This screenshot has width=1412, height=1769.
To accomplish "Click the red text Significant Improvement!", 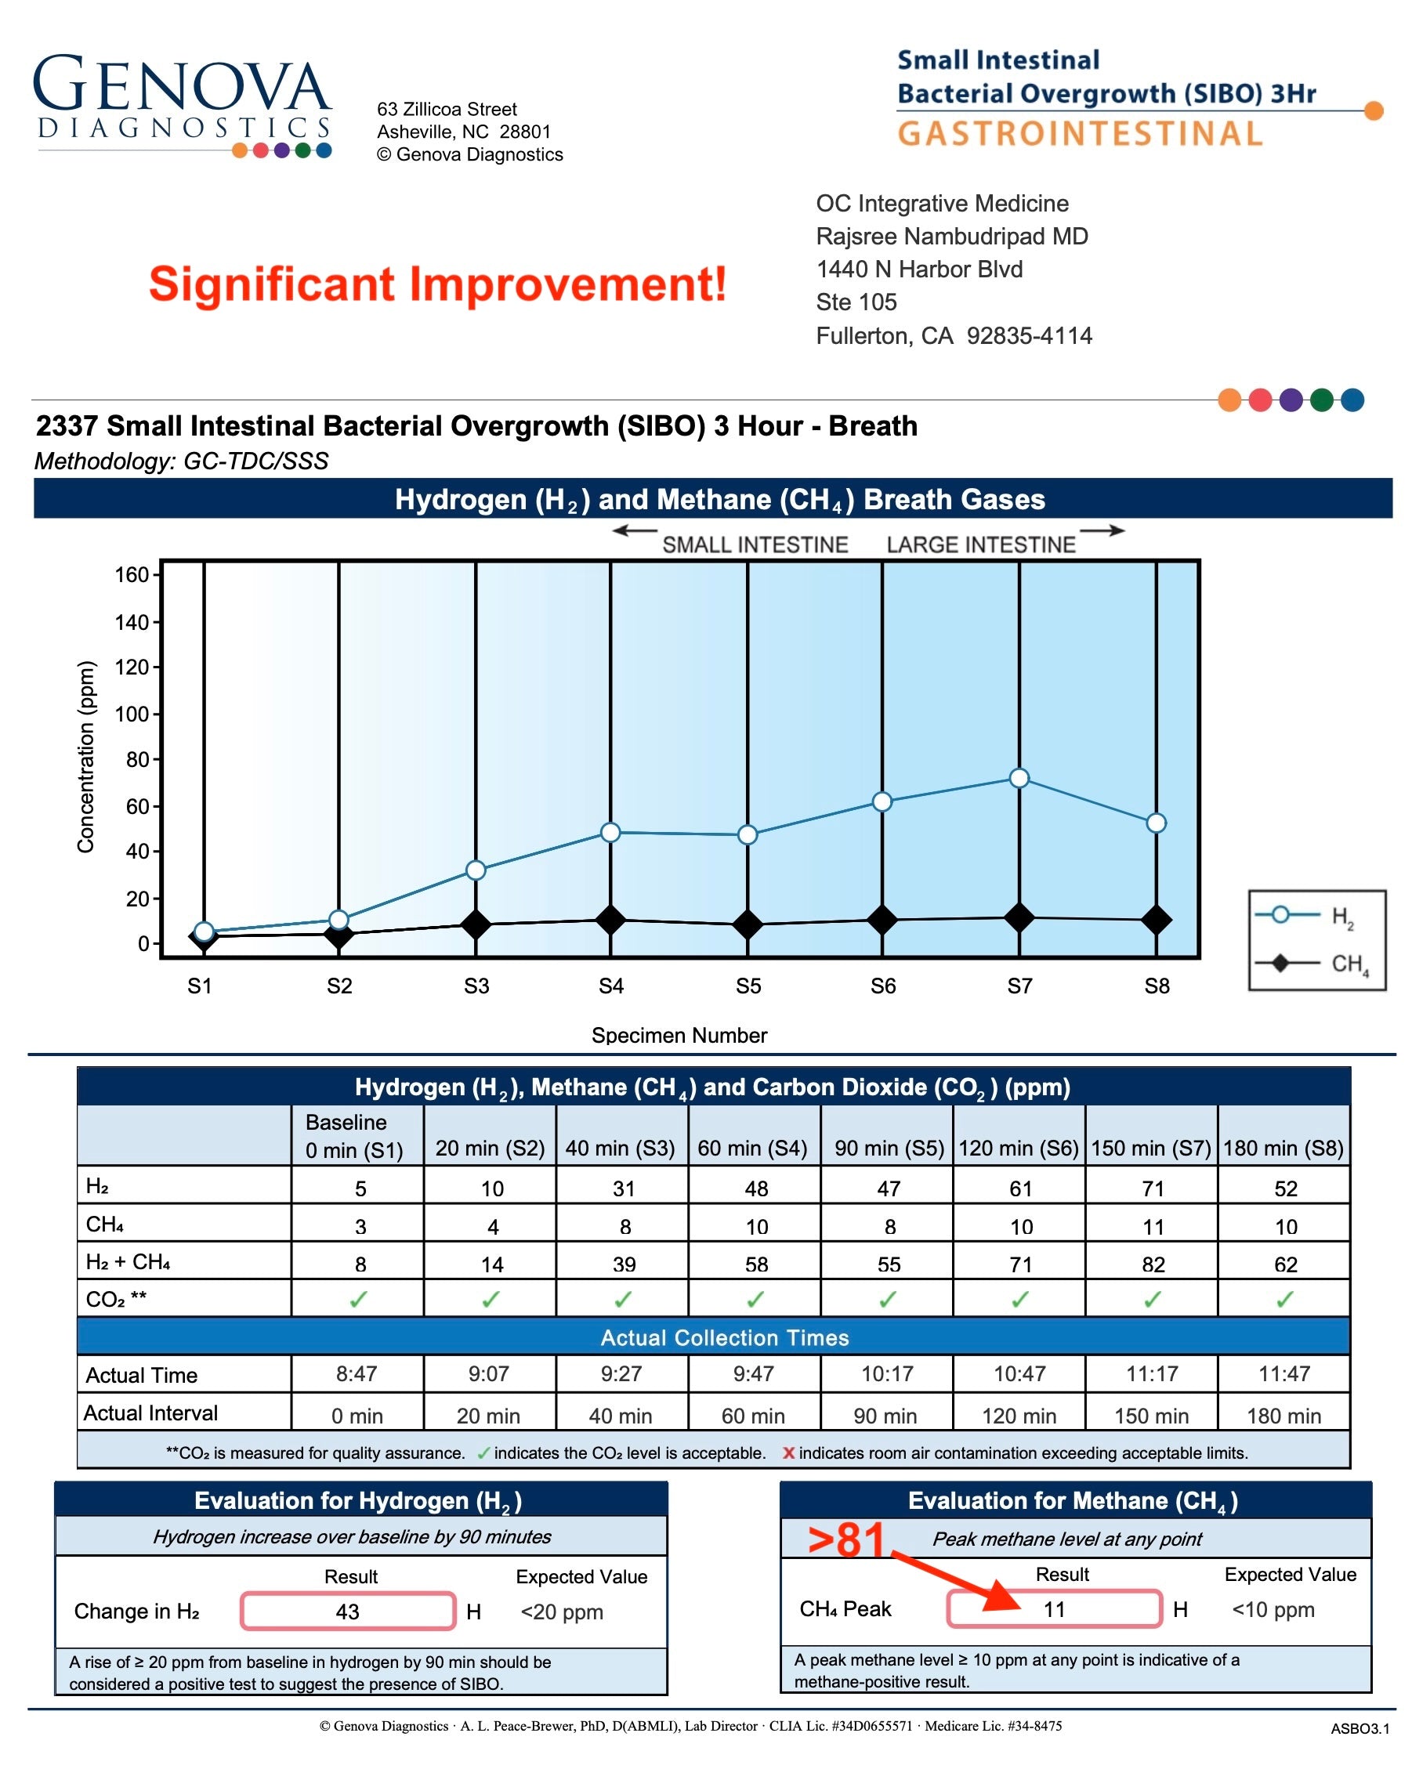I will [x=436, y=284].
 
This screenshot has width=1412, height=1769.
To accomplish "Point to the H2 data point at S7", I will [x=1018, y=778].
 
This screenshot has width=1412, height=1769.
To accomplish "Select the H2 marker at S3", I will [x=475, y=870].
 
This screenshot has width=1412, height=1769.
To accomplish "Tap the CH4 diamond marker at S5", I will [x=747, y=924].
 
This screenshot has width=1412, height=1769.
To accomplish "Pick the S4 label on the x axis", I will [x=610, y=986].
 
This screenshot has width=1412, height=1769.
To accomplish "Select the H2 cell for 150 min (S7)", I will [x=1152, y=1188].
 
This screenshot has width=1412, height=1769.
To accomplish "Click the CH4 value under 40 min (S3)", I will [x=625, y=1227].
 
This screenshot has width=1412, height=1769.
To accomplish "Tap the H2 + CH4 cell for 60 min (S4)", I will [x=755, y=1264].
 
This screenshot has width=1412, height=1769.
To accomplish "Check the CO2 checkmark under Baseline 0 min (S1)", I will [x=359, y=1300].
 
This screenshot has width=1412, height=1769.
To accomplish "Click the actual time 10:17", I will [x=886, y=1373].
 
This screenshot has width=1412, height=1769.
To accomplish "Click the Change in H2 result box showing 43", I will [x=347, y=1612].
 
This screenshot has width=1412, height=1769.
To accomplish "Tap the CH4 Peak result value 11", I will [x=1053, y=1609].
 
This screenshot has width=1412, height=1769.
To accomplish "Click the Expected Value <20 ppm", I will [x=561, y=1612].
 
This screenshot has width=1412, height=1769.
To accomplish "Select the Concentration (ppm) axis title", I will [x=86, y=757].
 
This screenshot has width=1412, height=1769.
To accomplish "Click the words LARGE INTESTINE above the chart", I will [x=979, y=544].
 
